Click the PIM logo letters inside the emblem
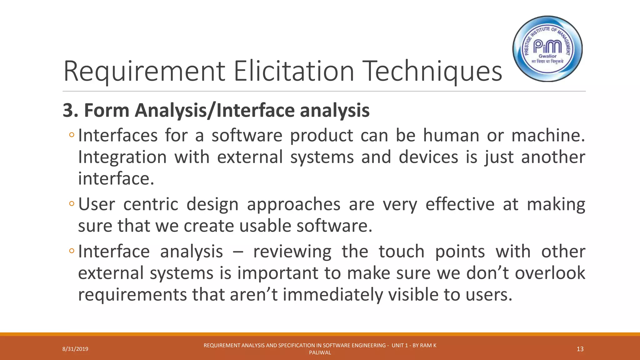(547, 47)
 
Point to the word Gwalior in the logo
(547, 56)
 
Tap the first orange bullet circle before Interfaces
(72, 135)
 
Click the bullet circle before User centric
(72, 204)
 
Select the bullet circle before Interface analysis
(72, 251)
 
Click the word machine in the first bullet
(547, 136)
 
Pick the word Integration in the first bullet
(122, 157)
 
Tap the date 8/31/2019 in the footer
(75, 349)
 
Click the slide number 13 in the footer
(580, 349)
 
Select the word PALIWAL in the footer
(320, 353)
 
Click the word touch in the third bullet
(402, 252)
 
